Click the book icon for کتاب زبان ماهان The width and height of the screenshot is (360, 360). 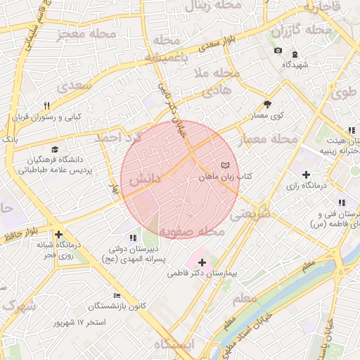pos(225,165)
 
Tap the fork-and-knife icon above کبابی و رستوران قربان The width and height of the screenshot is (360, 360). pos(46,105)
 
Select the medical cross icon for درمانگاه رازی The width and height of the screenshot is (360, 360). pos(305,174)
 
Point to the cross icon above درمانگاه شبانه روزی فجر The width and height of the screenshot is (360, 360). pos(58,235)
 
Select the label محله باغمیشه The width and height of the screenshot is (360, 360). pos(166,48)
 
